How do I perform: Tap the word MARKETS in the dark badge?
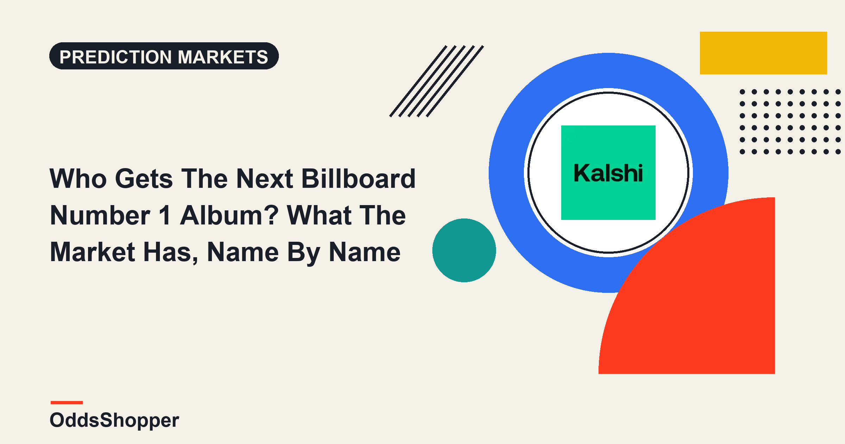click(223, 57)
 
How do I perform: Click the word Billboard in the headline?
click(359, 178)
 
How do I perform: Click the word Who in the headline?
click(78, 178)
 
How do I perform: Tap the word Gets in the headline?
click(144, 178)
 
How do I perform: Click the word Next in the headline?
click(265, 178)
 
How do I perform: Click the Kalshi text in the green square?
click(608, 173)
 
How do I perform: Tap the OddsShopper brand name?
click(114, 420)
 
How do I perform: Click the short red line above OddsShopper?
click(67, 402)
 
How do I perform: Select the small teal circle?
click(464, 250)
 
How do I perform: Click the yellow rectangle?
click(763, 53)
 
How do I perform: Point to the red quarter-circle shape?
click(704, 303)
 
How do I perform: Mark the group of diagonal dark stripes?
click(437, 81)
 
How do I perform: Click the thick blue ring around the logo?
click(507, 173)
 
